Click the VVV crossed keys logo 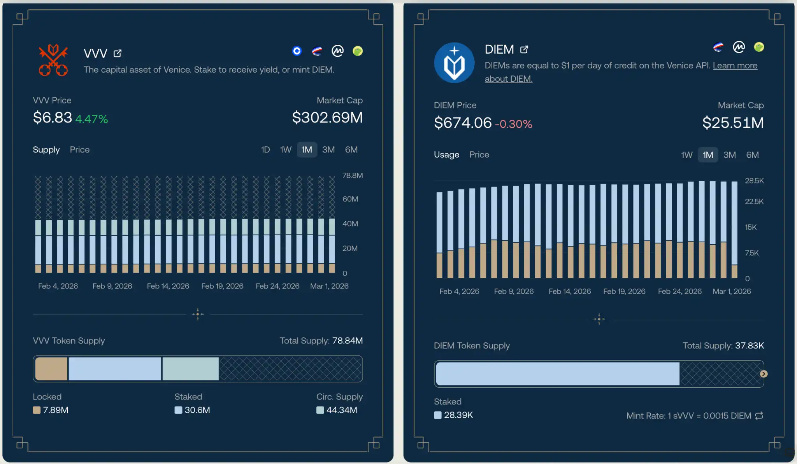[x=53, y=60]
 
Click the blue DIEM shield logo [x=454, y=63]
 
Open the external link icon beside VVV [x=118, y=53]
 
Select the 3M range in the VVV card [x=328, y=150]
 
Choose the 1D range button [x=265, y=150]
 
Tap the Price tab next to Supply [x=80, y=150]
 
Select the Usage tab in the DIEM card [x=446, y=155]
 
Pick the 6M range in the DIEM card [x=752, y=155]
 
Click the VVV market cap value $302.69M [x=327, y=117]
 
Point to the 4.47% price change [x=91, y=119]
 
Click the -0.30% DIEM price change [x=513, y=124]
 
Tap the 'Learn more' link [x=735, y=65]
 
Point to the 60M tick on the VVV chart [x=350, y=199]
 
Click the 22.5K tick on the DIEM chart [x=754, y=201]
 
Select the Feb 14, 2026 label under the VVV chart [x=168, y=286]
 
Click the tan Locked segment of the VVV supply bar [x=51, y=369]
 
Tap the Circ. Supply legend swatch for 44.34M [x=320, y=410]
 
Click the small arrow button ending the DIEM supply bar [x=764, y=374]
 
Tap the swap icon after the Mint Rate [x=759, y=416]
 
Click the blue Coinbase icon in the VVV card [x=297, y=51]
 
